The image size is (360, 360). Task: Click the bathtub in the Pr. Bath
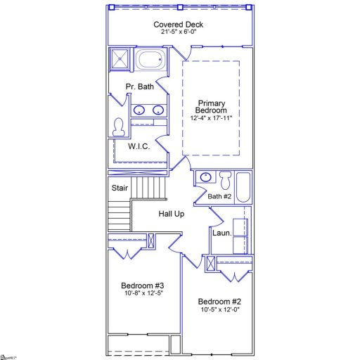click(x=148, y=59)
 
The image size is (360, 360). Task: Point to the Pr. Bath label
click(x=139, y=86)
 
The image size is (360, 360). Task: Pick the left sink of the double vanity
click(x=140, y=110)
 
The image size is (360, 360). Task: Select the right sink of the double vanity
click(x=158, y=110)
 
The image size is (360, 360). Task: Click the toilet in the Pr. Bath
click(x=118, y=127)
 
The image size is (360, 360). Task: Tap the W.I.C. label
click(x=139, y=147)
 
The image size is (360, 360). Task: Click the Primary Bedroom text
click(x=212, y=106)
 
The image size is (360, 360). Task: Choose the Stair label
click(x=120, y=188)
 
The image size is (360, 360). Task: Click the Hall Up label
click(x=171, y=214)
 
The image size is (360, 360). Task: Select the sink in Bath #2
click(x=206, y=177)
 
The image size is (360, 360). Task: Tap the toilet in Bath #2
click(x=225, y=179)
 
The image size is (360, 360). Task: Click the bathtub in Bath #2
click(x=243, y=187)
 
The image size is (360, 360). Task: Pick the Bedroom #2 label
click(x=220, y=300)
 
